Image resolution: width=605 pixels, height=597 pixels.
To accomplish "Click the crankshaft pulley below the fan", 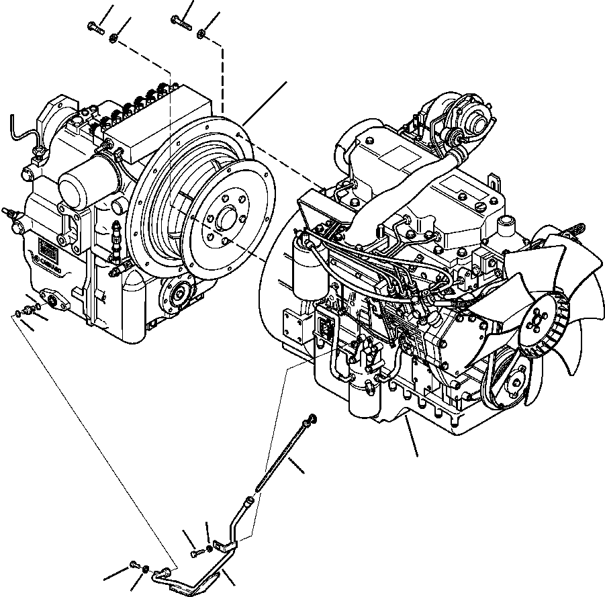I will [516, 383].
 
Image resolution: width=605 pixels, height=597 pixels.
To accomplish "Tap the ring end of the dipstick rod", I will [310, 420].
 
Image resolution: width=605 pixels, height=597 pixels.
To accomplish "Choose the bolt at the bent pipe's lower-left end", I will [134, 564].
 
